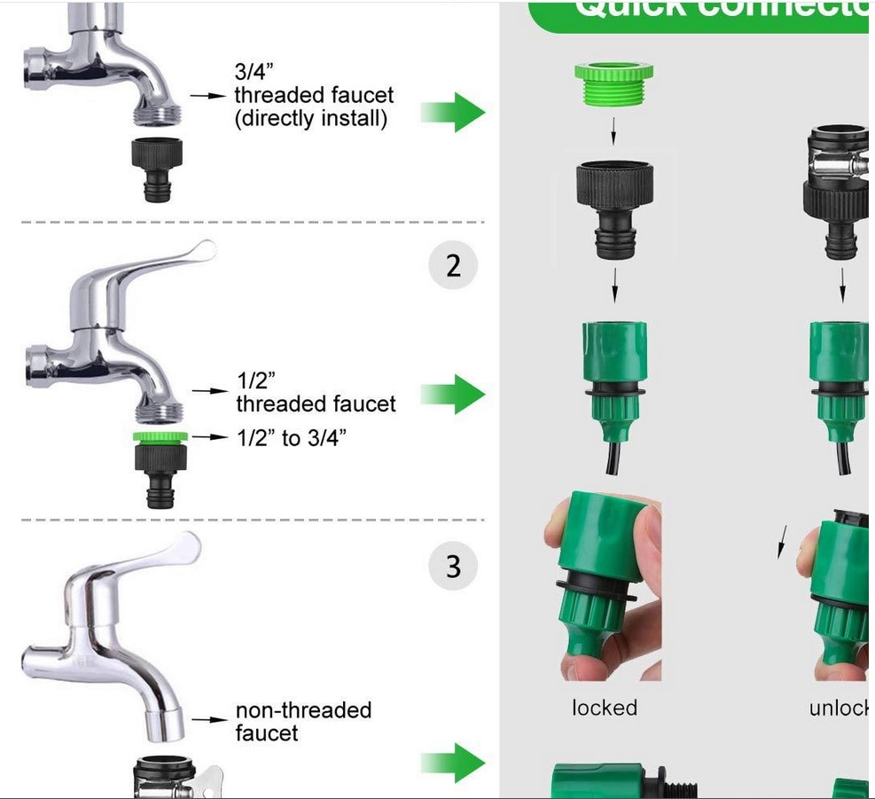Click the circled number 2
point(453,265)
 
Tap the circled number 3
point(453,566)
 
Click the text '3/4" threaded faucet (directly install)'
point(314,96)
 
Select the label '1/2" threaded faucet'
point(315,392)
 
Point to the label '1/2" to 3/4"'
point(290,437)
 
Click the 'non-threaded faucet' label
point(303,721)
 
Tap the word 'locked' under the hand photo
point(605,708)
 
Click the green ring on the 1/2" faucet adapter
point(160,436)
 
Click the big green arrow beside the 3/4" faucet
point(453,113)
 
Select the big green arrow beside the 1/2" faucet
point(453,394)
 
